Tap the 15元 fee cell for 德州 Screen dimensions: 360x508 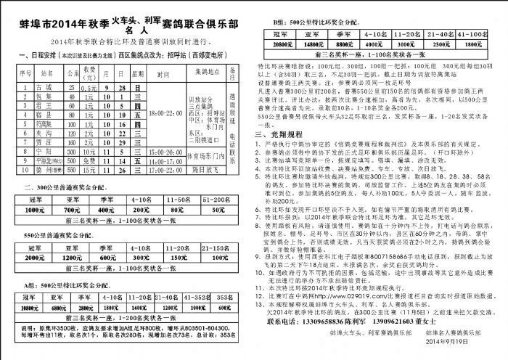coord(90,171)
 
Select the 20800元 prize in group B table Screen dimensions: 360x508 coord(274,44)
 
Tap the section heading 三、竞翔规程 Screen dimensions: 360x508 coord(279,134)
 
